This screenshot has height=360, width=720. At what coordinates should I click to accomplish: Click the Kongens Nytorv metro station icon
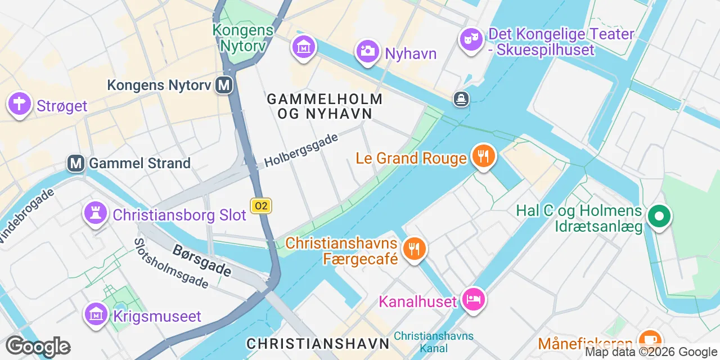[x=225, y=85]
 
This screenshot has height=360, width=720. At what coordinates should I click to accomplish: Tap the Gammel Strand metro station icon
[x=76, y=163]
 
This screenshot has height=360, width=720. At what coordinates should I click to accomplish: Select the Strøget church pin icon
[x=19, y=104]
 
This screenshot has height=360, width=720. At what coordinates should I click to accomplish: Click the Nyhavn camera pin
[x=368, y=51]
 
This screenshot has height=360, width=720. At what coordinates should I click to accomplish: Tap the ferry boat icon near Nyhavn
[x=461, y=100]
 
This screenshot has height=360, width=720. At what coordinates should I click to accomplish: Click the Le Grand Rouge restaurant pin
[x=483, y=156]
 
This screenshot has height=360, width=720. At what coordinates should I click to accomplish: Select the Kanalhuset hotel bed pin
[x=473, y=299]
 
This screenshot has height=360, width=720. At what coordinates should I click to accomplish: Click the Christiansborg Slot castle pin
[x=96, y=214]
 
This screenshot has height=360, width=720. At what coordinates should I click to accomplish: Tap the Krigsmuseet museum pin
[x=96, y=314]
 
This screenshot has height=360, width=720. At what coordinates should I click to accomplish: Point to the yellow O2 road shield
[x=261, y=206]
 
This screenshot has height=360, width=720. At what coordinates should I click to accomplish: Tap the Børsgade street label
[x=201, y=260]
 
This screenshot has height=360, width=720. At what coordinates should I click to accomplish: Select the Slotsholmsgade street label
[x=170, y=263]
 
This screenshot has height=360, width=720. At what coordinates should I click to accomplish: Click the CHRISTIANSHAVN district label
[x=318, y=343]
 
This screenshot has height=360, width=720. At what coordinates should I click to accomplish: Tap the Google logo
[x=38, y=346]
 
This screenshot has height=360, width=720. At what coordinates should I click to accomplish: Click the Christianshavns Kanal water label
[x=433, y=342]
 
